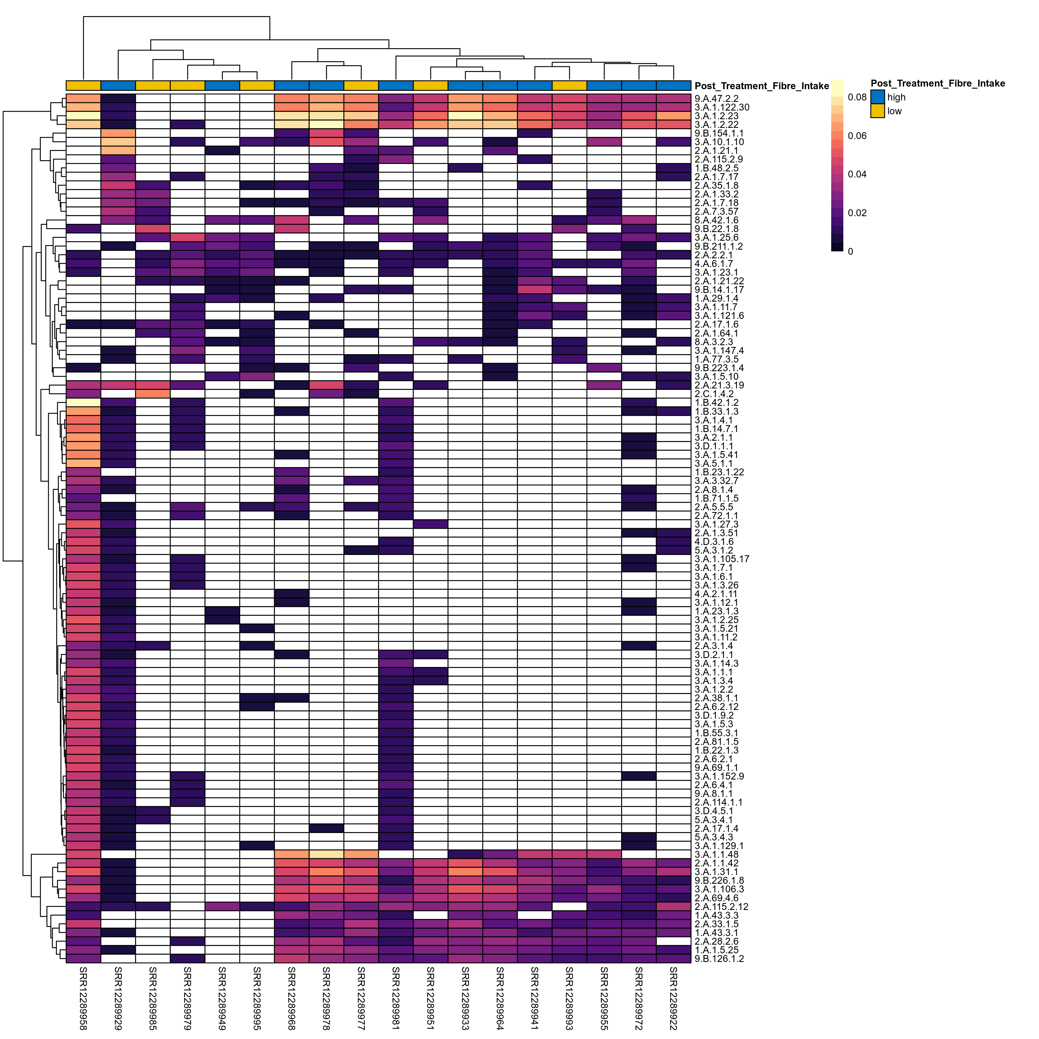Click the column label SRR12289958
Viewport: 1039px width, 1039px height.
[x=83, y=998]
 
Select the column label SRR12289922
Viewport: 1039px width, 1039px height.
[x=673, y=998]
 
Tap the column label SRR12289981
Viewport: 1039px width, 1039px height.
[x=396, y=998]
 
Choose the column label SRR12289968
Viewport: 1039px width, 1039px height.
[x=291, y=998]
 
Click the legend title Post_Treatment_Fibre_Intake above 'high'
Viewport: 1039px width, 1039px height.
[x=937, y=83]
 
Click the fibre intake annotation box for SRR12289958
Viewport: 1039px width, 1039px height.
[x=83, y=85]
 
